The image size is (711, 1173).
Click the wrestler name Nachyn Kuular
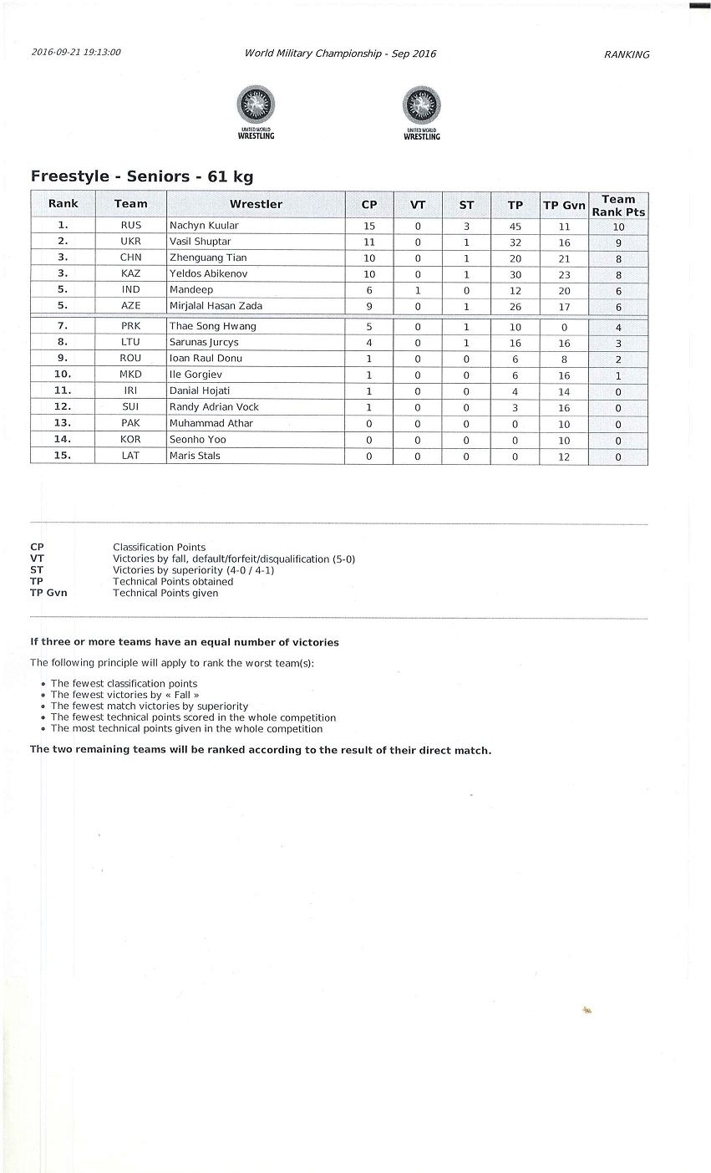(x=204, y=226)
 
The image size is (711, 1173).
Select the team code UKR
(x=131, y=242)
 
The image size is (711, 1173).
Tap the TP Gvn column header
(x=564, y=205)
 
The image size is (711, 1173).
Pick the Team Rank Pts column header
(x=618, y=205)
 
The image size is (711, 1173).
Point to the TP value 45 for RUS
(x=515, y=226)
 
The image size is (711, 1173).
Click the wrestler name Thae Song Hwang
(x=212, y=326)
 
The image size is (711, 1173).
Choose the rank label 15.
(x=63, y=456)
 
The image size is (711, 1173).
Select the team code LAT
(x=131, y=456)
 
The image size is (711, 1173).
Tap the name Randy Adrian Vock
(x=214, y=407)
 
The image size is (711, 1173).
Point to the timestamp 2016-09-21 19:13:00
(x=76, y=52)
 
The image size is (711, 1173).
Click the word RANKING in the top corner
(x=627, y=54)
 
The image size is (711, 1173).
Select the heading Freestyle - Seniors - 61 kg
(x=141, y=176)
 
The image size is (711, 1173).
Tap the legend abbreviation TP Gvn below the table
(x=48, y=593)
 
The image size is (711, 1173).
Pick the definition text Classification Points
(x=159, y=548)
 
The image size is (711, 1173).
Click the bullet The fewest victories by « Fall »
(x=124, y=695)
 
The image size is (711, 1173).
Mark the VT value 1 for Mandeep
(x=418, y=290)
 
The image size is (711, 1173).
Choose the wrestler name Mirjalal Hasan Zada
(x=216, y=306)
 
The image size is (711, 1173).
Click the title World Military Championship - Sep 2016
(x=340, y=54)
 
